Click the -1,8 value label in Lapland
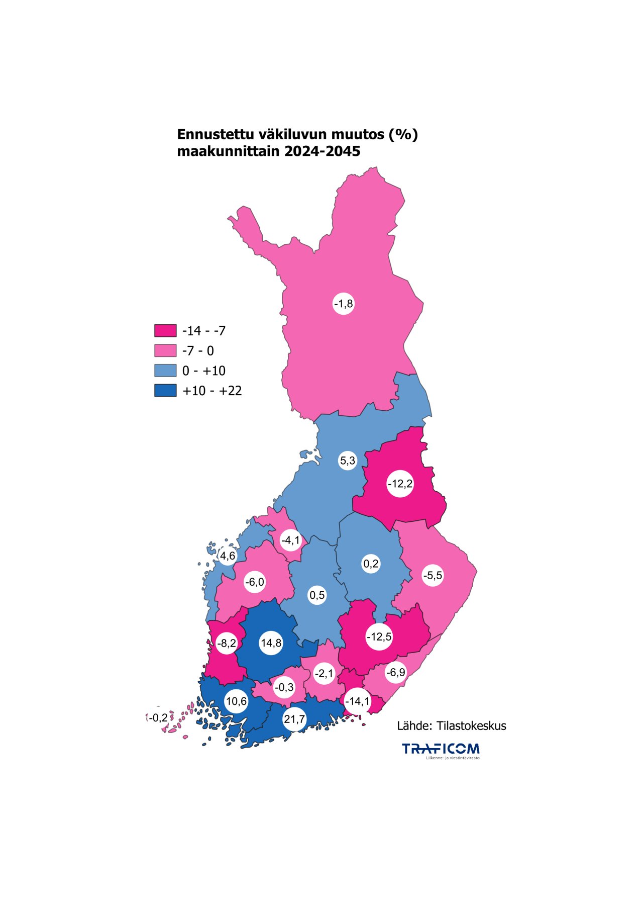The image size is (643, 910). [x=344, y=304]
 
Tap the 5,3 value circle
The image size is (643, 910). [x=348, y=461]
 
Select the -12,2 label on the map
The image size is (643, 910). [x=400, y=484]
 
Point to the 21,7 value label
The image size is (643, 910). [x=294, y=719]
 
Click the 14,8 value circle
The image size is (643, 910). [x=271, y=643]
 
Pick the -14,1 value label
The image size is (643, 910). [x=358, y=701]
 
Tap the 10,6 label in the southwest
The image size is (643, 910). [x=236, y=701]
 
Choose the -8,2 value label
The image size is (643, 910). [x=227, y=643]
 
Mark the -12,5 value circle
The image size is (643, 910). [x=379, y=637]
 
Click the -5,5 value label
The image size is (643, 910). [x=433, y=575]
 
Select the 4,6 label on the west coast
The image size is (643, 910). [x=228, y=556]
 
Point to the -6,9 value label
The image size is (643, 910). [x=396, y=672]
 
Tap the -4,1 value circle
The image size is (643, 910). [x=290, y=540]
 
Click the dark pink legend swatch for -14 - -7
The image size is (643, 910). [x=165, y=330]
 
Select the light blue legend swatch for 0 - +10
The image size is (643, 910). [x=165, y=371]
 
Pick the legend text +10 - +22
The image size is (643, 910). [x=212, y=391]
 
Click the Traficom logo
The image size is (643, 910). [x=441, y=750]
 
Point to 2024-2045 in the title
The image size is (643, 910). [x=322, y=151]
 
